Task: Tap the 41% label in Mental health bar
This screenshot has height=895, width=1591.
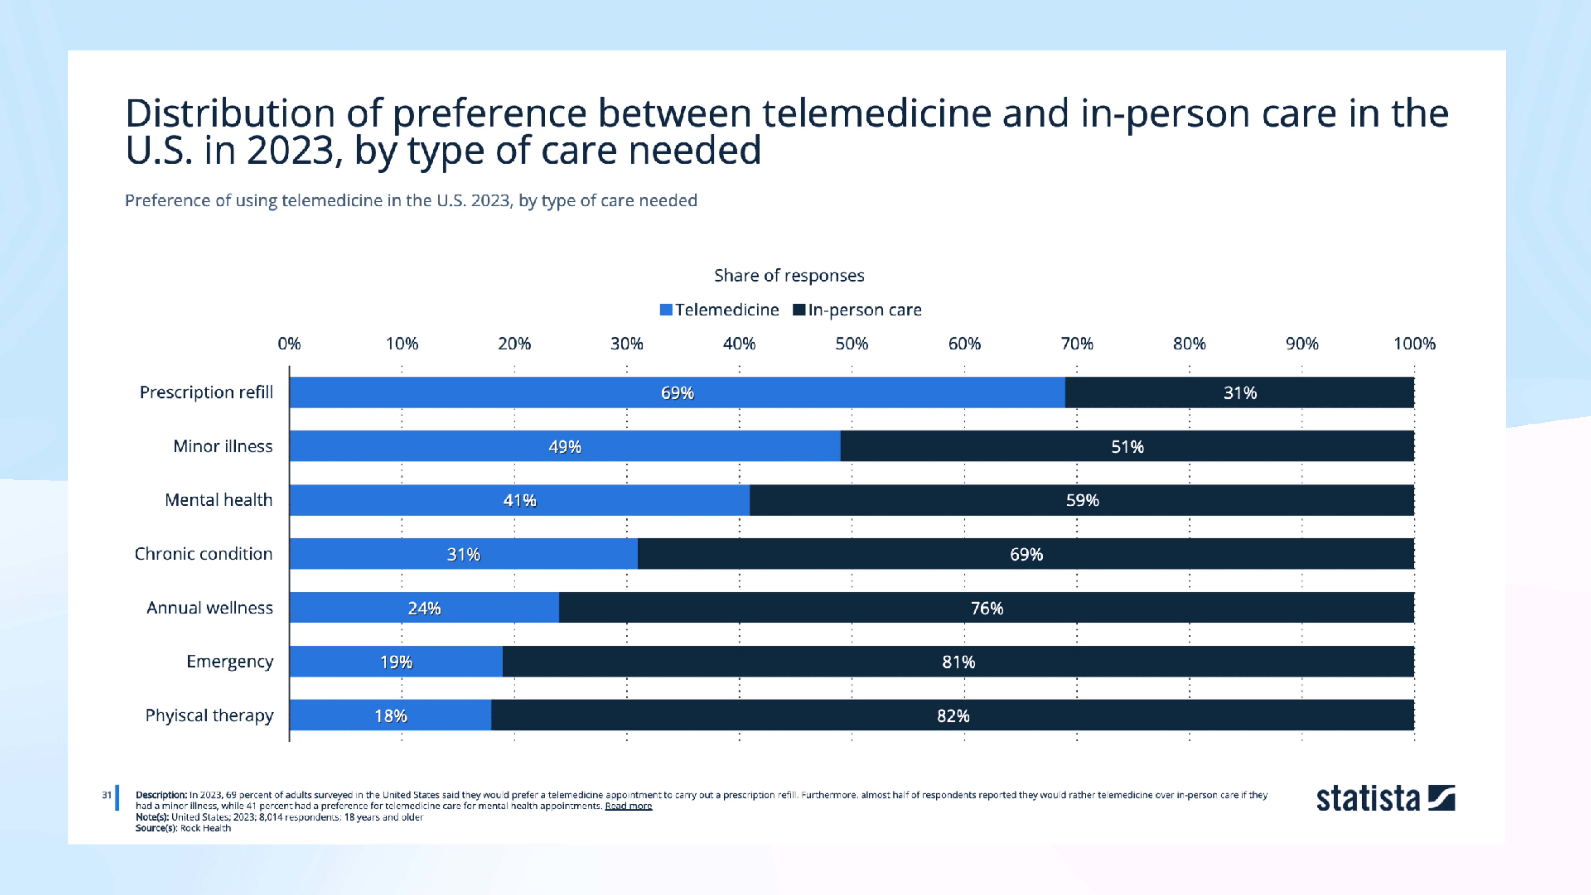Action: tap(519, 500)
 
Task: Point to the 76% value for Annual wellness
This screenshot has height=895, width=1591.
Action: tap(986, 608)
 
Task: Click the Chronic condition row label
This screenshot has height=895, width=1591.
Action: tap(203, 554)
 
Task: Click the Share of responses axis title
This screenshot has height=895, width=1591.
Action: tap(789, 275)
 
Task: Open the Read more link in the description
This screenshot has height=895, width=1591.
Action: tap(628, 806)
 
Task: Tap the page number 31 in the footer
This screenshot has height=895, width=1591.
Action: tap(106, 795)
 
